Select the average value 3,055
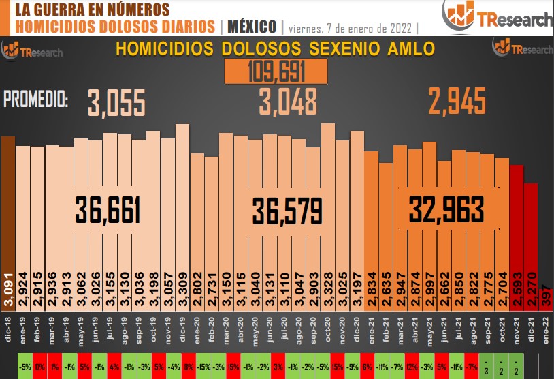pyautogui.click(x=116, y=104)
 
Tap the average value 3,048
pyautogui.click(x=288, y=103)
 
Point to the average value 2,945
pyautogui.click(x=457, y=103)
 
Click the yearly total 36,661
pyautogui.click(x=108, y=210)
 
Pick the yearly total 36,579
pyautogui.click(x=287, y=210)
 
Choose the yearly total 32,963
pyautogui.click(x=446, y=209)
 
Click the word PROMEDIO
pyautogui.click(x=36, y=100)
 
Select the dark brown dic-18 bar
pyautogui.click(x=7, y=218)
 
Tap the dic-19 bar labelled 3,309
pyautogui.click(x=182, y=218)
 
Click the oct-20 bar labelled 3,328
pyautogui.click(x=328, y=218)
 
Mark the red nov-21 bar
pyautogui.click(x=517, y=232)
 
